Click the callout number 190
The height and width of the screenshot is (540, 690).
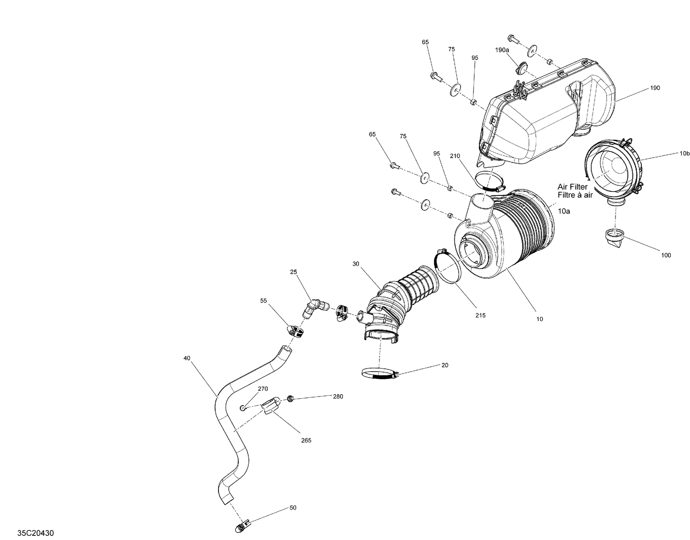pos(655,88)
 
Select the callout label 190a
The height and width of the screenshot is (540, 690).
pos(502,50)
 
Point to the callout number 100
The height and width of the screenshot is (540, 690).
pos(666,255)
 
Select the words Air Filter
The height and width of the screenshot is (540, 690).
pos(572,187)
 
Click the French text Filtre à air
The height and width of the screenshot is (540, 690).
pos(575,195)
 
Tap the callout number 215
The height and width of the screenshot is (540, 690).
pos(481,316)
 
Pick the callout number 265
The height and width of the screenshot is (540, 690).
pos(306,440)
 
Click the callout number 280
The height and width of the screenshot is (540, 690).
pos(338,396)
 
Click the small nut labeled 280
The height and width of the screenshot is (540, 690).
pos(290,398)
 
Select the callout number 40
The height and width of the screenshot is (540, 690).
pos(186,358)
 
